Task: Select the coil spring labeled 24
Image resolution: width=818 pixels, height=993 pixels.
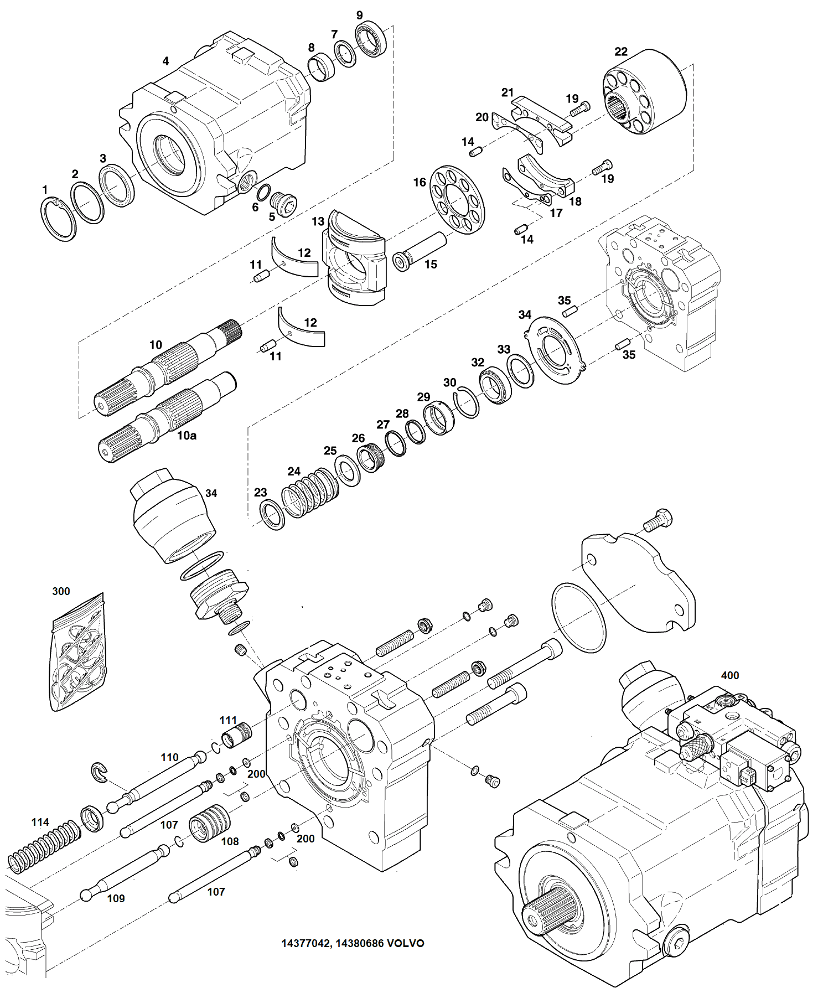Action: [x=310, y=492]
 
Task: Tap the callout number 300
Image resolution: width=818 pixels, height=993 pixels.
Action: [x=61, y=591]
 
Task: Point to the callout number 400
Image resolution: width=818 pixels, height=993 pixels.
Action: [x=729, y=675]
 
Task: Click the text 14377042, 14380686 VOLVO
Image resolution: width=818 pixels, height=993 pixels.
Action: [x=353, y=943]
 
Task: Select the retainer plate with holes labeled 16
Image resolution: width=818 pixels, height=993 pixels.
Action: [x=457, y=199]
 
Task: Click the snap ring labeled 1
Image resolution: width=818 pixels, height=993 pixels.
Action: [x=58, y=219]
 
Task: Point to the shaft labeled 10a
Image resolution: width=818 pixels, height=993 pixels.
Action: [x=166, y=415]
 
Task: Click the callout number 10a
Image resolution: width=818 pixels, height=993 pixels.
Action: [x=187, y=436]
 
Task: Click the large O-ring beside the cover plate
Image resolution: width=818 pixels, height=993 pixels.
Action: [x=579, y=617]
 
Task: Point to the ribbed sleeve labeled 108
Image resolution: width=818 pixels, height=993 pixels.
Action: [x=209, y=823]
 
